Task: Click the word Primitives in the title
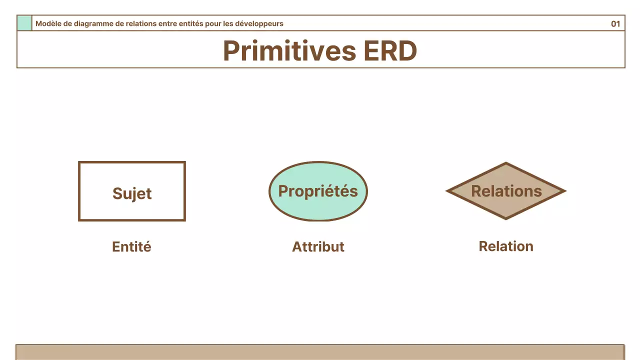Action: (289, 51)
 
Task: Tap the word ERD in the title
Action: (390, 51)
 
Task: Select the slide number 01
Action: (615, 23)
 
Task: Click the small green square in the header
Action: (24, 23)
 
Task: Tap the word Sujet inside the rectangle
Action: (132, 193)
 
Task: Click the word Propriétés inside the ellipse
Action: (318, 191)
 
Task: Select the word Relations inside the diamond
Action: (506, 191)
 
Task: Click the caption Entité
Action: (131, 246)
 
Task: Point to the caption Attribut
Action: (318, 246)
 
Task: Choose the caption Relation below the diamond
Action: (506, 246)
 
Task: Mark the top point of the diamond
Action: (506, 162)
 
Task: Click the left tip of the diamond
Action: (446, 191)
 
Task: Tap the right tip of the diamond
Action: (566, 191)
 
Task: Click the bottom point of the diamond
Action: (506, 219)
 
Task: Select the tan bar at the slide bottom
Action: (320, 352)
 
